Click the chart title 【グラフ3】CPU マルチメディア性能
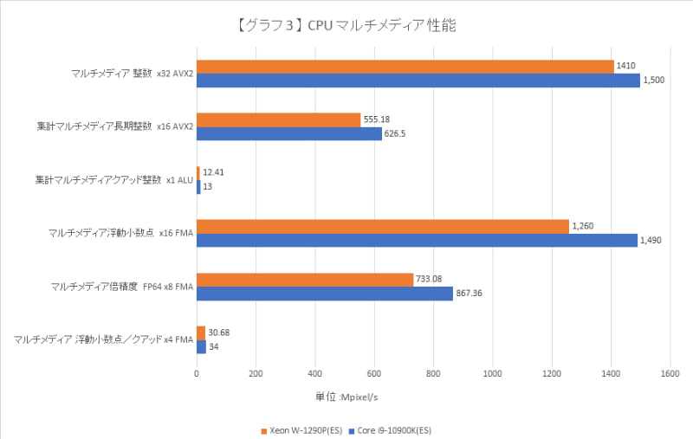346,25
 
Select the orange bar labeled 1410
405,67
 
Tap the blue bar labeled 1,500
418,81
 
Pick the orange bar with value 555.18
279,120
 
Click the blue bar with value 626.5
289,134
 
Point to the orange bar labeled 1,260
383,227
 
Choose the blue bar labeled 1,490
417,240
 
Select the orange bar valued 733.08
305,280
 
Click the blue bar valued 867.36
325,294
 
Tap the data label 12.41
215,173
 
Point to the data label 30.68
219,332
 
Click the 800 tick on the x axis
433,374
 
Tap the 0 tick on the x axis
198,374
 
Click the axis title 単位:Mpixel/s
346,396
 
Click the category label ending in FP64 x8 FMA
120,287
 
